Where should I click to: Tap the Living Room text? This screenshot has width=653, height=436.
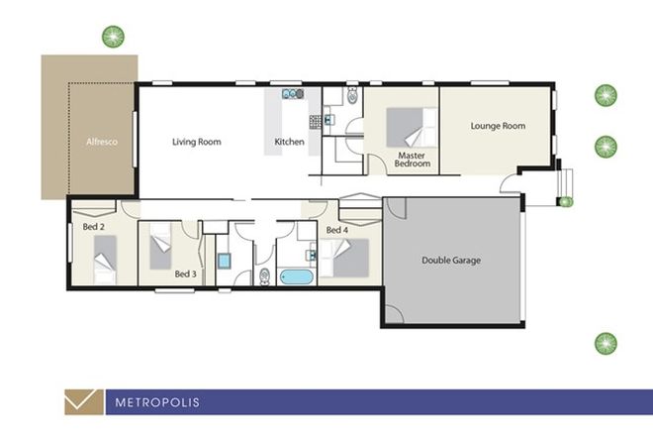196,142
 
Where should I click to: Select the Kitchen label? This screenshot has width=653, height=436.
290,143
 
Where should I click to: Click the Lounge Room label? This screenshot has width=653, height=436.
497,126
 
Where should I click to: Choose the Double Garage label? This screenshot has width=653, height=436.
451,260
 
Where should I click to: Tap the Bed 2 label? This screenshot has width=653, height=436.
97,227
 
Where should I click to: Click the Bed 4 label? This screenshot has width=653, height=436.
336,230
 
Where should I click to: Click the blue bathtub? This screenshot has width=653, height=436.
295,275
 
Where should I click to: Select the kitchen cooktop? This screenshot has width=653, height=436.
315,122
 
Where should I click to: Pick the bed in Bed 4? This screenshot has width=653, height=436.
348,258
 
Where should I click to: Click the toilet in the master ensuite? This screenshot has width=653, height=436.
352,97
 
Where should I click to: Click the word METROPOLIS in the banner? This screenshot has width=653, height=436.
157,402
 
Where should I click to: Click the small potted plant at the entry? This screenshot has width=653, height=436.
565,201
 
